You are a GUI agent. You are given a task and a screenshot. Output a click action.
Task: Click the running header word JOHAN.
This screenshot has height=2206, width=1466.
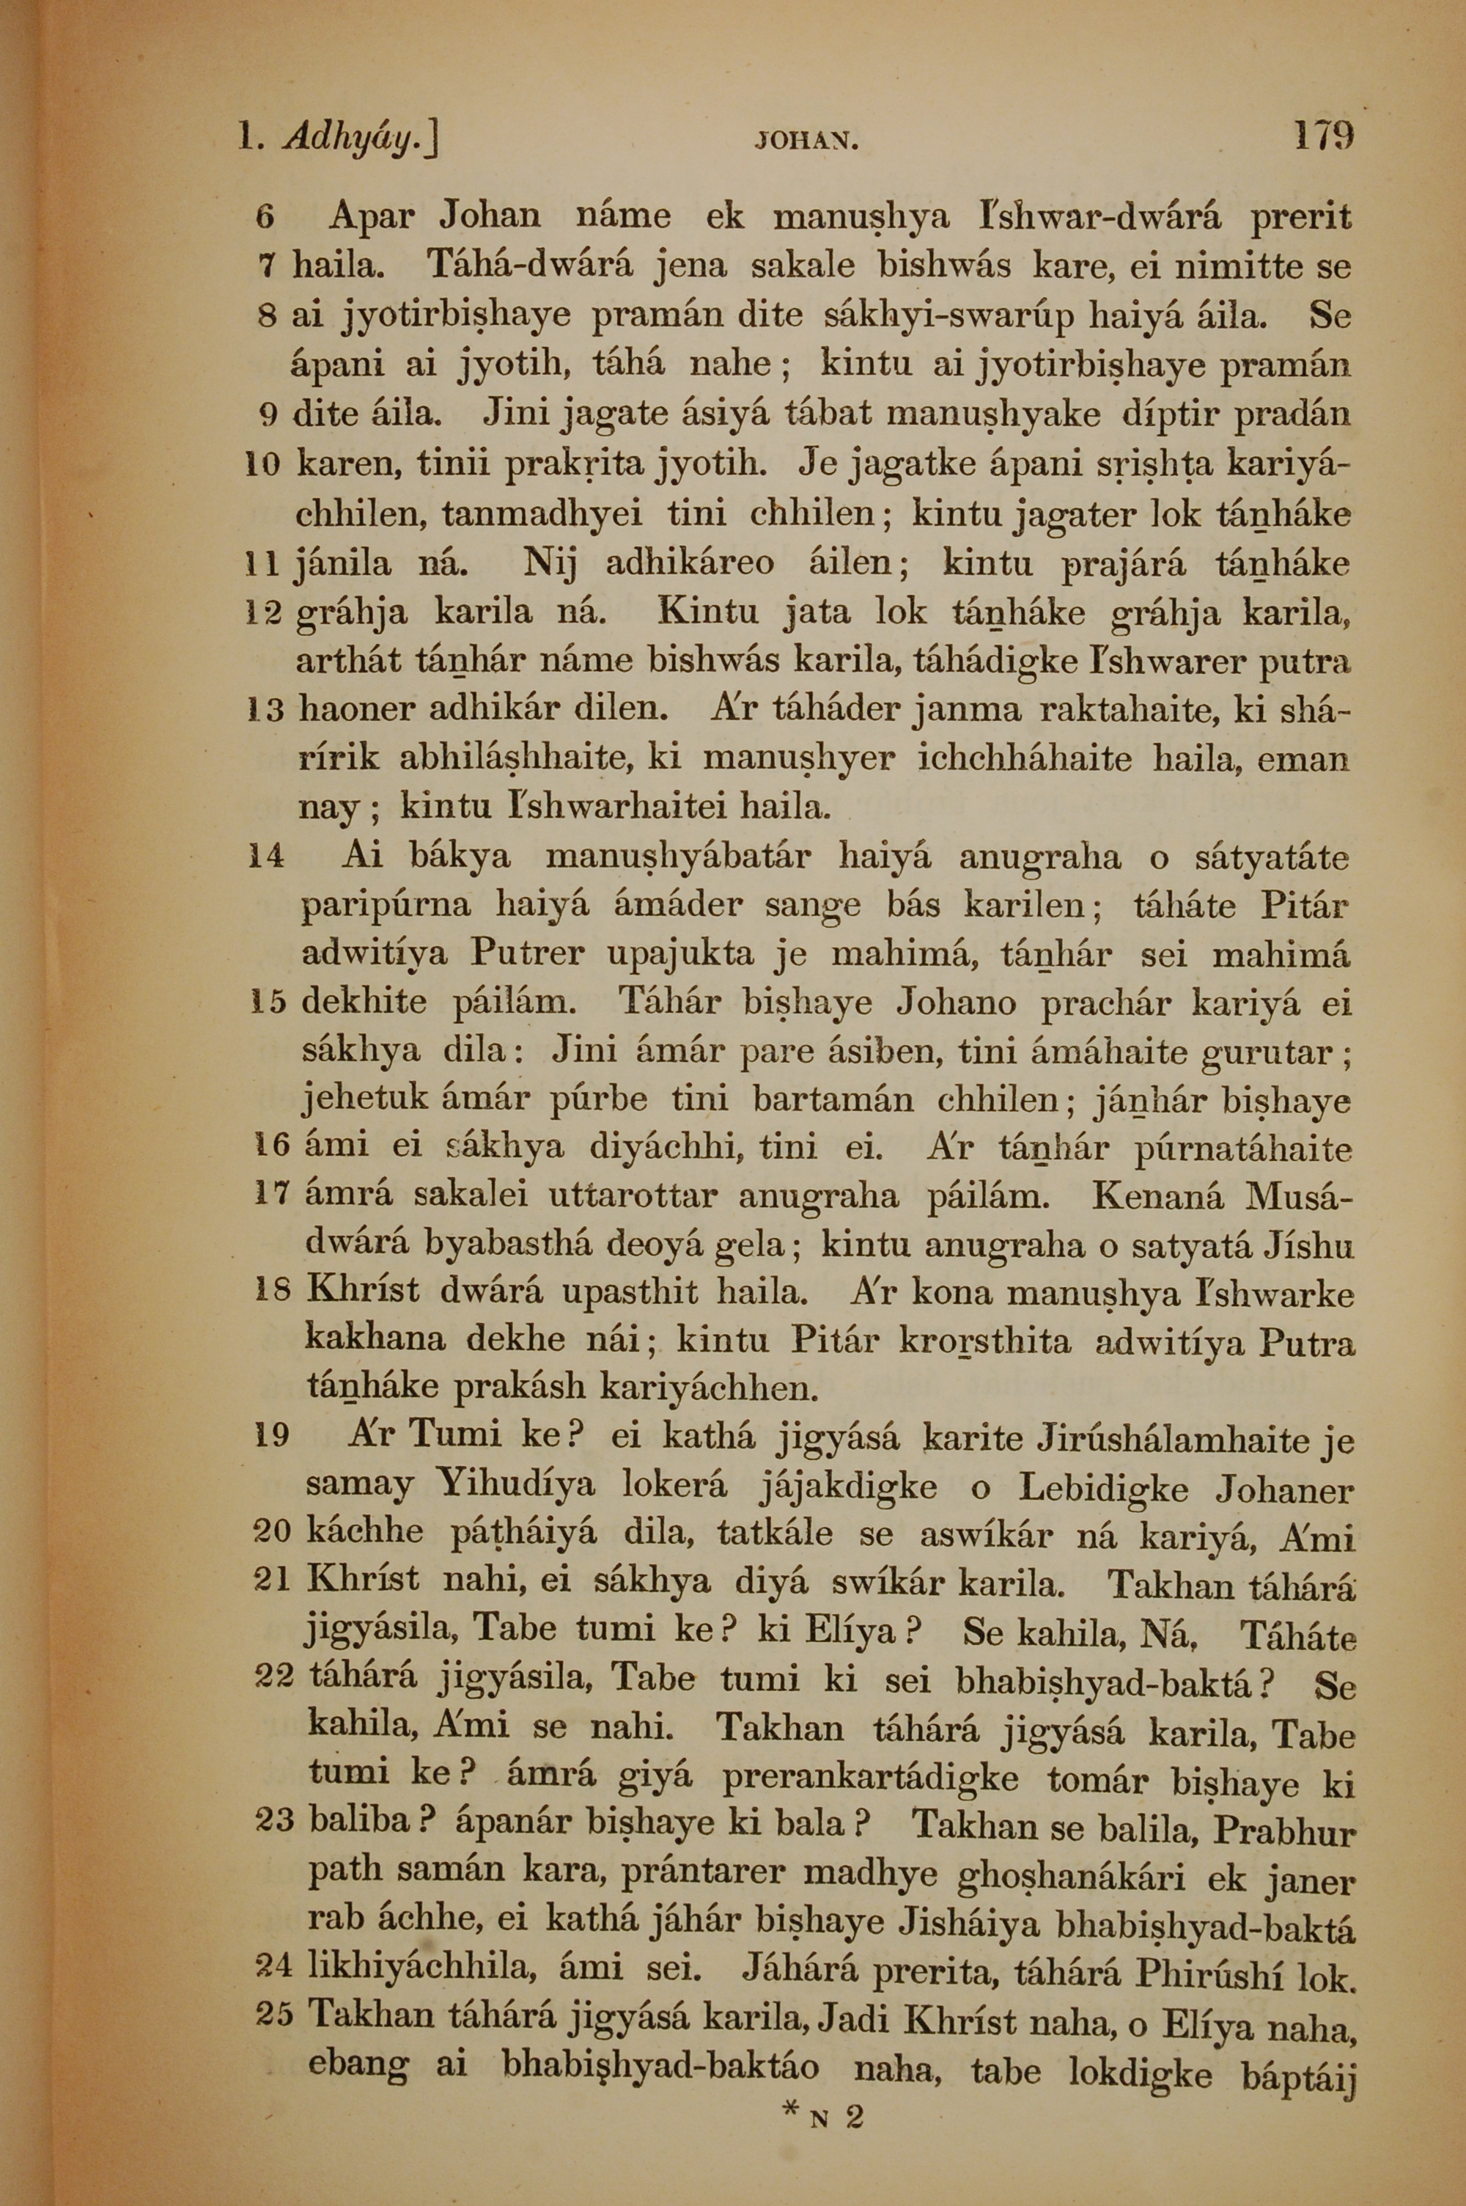click(805, 143)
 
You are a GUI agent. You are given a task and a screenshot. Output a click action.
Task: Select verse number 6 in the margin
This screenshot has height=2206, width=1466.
click(264, 218)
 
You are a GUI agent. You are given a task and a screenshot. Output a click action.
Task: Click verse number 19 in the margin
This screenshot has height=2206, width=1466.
click(271, 1434)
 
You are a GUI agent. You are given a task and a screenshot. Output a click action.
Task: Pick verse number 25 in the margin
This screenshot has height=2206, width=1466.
click(274, 2008)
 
